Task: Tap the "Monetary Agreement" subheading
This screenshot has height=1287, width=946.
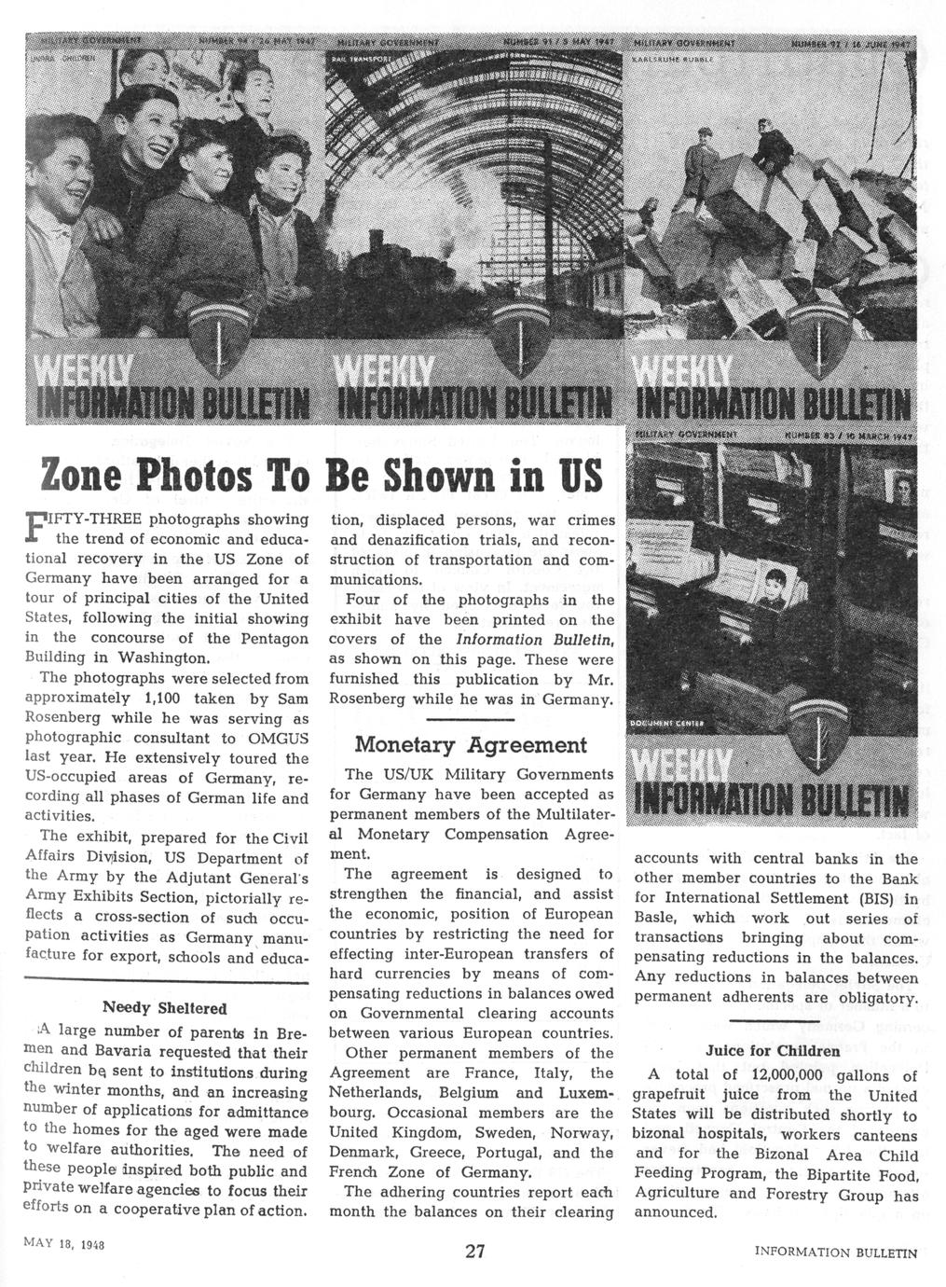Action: pos(471,744)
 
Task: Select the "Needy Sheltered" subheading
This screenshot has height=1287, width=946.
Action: pos(164,1008)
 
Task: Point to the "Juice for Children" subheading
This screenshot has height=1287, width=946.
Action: pos(773,1050)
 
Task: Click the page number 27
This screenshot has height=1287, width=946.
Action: pos(474,1251)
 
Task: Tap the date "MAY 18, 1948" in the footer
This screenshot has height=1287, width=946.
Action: pos(64,1245)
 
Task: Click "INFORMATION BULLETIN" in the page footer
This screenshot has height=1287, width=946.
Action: pos(836,1252)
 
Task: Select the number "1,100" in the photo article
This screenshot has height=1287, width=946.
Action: pos(144,698)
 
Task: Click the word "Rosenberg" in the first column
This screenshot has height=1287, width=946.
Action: pos(68,718)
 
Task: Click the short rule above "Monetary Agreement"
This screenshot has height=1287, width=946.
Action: pos(471,719)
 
